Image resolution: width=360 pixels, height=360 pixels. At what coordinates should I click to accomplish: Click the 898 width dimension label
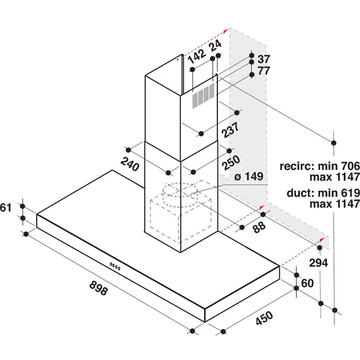click(x=99, y=288)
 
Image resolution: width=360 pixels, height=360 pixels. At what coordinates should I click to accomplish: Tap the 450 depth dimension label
click(x=264, y=318)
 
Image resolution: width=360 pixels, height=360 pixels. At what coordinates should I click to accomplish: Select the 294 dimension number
click(x=318, y=263)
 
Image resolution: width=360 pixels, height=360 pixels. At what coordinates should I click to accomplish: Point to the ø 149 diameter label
click(x=249, y=176)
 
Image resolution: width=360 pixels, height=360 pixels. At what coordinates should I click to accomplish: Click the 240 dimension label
click(x=130, y=164)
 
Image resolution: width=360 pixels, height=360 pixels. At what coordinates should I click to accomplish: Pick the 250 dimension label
click(x=231, y=163)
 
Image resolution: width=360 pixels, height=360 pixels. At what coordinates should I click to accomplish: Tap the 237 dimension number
click(x=229, y=130)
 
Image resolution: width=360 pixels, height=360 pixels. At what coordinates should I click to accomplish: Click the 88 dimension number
click(x=258, y=226)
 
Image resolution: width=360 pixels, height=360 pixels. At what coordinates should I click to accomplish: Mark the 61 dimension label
click(x=6, y=208)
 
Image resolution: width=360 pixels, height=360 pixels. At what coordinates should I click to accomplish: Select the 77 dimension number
click(x=264, y=71)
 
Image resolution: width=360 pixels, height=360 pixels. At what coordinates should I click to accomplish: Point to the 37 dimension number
click(x=264, y=59)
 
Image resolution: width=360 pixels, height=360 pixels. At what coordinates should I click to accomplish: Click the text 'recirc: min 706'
click(x=320, y=166)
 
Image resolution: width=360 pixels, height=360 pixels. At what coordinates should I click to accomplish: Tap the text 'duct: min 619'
click(x=323, y=193)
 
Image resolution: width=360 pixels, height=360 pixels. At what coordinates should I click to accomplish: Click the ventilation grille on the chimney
click(x=203, y=95)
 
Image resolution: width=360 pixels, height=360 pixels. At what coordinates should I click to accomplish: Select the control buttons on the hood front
click(x=115, y=265)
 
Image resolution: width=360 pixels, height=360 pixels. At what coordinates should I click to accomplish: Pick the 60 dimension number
click(x=307, y=283)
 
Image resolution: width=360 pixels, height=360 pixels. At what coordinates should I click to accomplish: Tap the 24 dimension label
click(x=216, y=44)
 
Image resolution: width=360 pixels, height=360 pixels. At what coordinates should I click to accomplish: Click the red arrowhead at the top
click(x=226, y=31)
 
